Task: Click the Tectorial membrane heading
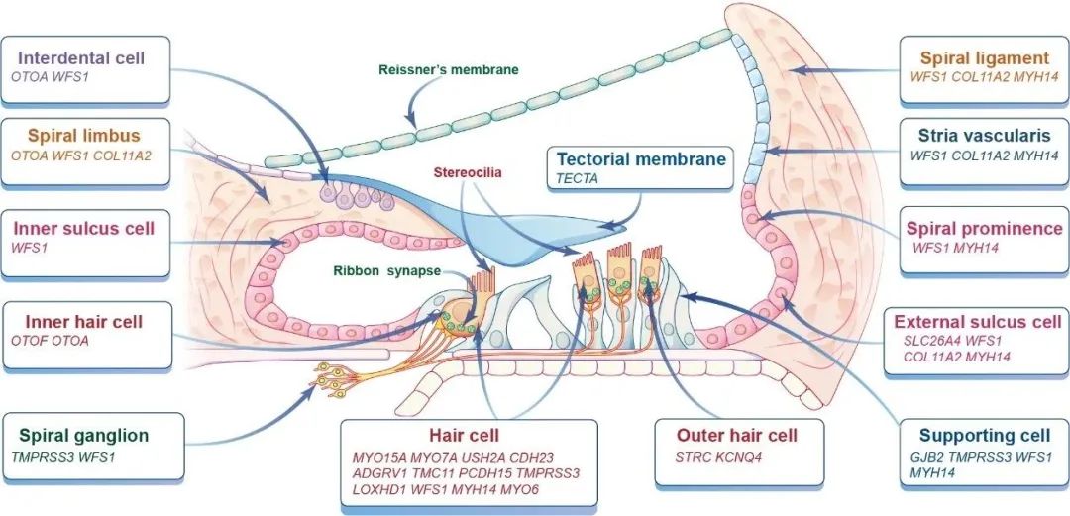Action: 641,158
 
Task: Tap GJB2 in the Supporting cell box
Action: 927,457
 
